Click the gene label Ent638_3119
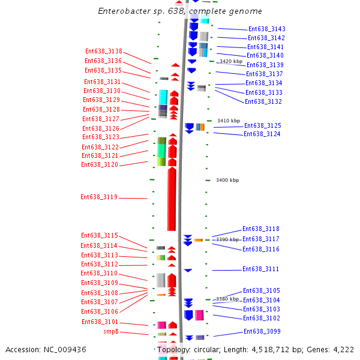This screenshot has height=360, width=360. click(x=99, y=197)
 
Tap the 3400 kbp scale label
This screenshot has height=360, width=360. click(x=227, y=180)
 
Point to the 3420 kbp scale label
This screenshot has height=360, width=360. click(x=231, y=61)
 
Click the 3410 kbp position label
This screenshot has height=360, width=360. click(x=228, y=121)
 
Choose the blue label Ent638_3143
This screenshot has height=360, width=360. click(x=267, y=29)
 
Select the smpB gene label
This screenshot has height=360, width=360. click(x=111, y=331)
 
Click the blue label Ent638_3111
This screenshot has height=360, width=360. click(x=260, y=269)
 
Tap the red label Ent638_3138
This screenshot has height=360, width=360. click(x=103, y=51)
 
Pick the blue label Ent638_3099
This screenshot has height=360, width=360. click(x=262, y=331)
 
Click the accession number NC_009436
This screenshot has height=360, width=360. click(x=46, y=349)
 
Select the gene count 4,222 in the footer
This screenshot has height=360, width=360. click(x=342, y=349)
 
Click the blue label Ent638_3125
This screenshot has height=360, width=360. click(x=262, y=125)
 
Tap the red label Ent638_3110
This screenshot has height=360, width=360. click(x=100, y=273)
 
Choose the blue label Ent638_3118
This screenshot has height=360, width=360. click(x=260, y=229)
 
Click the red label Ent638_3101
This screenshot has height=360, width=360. click(x=100, y=322)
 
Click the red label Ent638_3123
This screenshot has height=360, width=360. click(x=100, y=137)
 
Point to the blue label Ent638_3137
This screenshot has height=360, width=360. click(x=264, y=74)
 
